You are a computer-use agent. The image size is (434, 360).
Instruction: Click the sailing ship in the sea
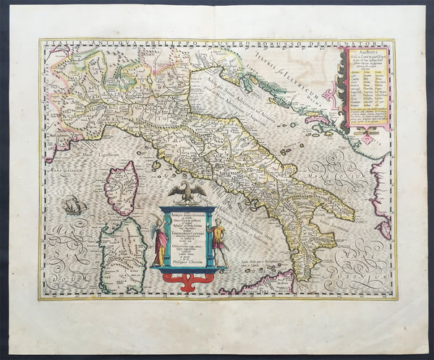75,206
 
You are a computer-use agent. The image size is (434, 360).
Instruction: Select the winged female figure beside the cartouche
158,239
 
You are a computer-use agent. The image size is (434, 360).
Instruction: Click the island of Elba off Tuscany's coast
156,165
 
